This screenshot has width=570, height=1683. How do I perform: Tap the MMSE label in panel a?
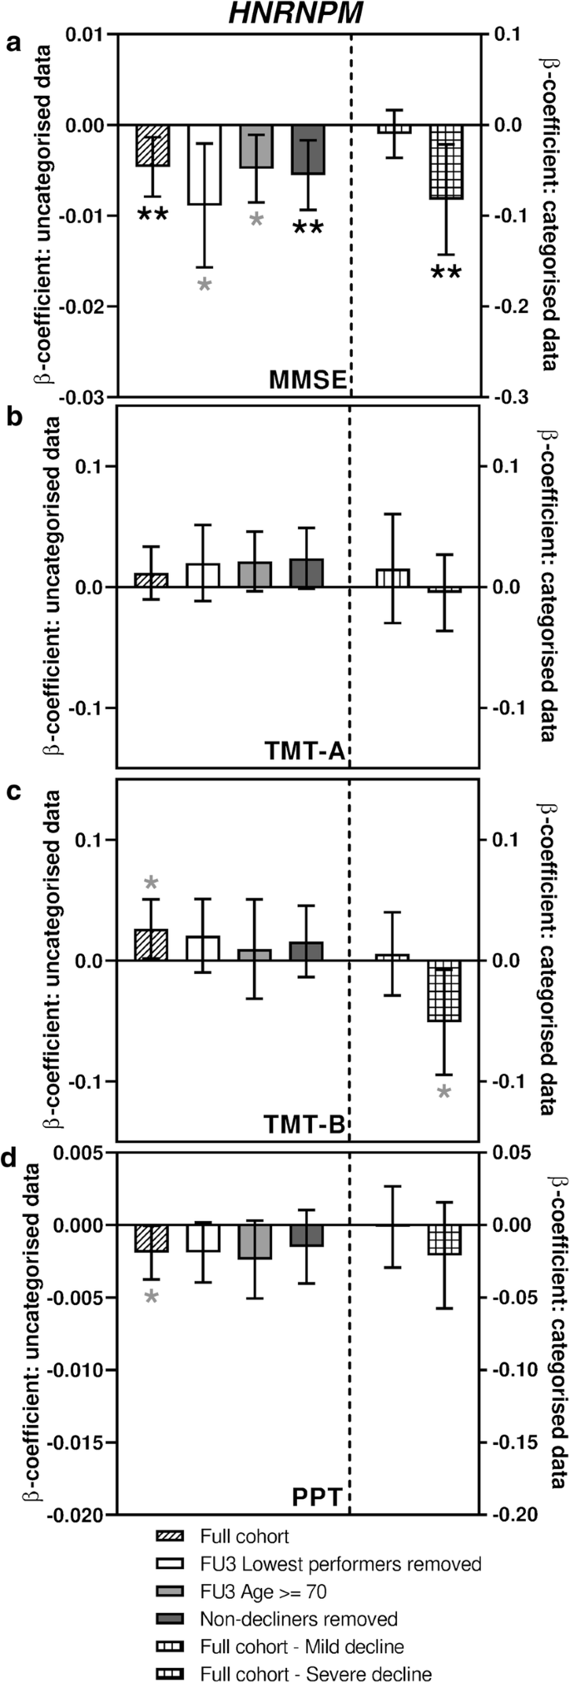[x=307, y=381]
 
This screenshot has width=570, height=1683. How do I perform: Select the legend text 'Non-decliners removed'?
[x=299, y=1619]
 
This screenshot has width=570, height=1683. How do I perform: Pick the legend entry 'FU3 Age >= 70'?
[x=263, y=1591]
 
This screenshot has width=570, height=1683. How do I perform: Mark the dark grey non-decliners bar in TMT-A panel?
[x=307, y=573]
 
